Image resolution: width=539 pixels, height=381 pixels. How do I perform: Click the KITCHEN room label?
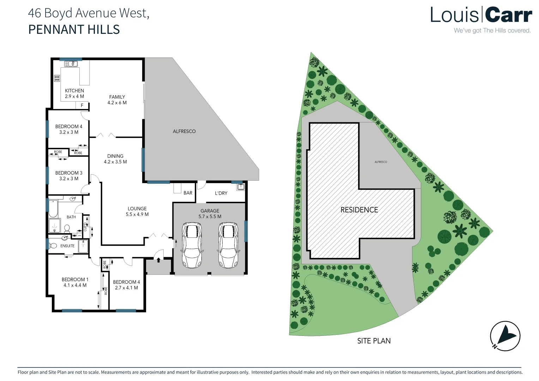pos(74,91)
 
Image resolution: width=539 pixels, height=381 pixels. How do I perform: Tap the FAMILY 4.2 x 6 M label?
pos(117,100)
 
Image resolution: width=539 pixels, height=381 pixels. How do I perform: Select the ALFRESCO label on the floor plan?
pos(184,131)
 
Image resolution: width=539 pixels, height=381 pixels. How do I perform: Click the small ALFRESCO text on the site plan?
pos(381,162)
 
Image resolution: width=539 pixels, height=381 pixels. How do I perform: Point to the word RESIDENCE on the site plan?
pos(359,210)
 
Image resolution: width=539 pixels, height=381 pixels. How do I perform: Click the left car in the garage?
pos(192,246)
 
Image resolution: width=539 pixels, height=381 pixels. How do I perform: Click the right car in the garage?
pos(228,246)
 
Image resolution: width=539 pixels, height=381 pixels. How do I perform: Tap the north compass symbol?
pos(505,336)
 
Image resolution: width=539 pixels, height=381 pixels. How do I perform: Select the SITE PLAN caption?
pos(374,341)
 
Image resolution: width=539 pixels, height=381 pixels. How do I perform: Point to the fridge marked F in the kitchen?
pos(82,105)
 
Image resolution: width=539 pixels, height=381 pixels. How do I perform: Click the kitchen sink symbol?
pos(71,64)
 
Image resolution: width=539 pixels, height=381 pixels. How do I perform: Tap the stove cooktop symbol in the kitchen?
pos(57,78)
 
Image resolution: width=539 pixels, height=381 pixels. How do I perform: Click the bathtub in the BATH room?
pos(53,208)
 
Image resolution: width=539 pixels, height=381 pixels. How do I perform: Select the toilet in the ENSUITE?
pos(54,246)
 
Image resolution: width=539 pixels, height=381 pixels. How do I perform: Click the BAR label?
pos(188,193)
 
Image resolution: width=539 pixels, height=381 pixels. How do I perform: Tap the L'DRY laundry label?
pos(221,193)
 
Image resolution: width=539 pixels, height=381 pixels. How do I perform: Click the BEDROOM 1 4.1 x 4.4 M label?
pos(75,282)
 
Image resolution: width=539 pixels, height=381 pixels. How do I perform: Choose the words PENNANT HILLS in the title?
pos(74,30)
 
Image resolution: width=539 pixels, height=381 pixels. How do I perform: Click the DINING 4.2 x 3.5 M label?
pos(115,159)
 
